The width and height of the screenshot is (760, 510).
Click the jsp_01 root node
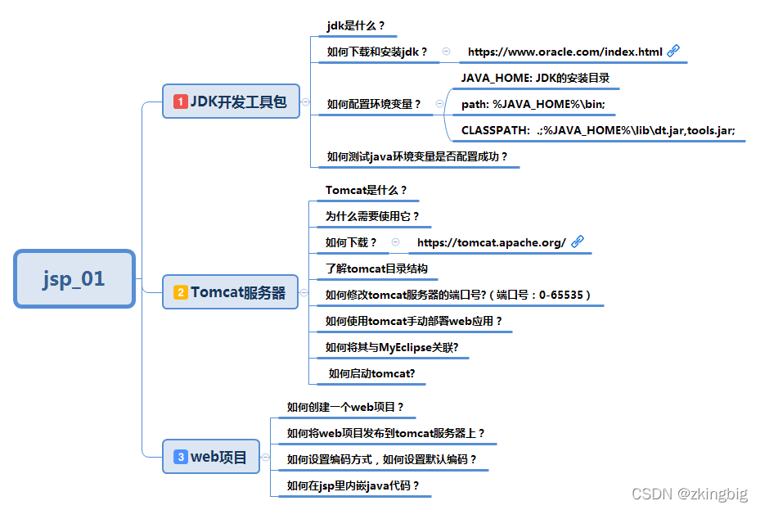point(74,278)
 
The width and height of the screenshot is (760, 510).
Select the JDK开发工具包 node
point(232,102)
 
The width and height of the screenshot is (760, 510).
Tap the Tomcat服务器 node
point(232,292)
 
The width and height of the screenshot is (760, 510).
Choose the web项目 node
point(212,457)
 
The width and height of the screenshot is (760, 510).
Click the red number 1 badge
point(180,102)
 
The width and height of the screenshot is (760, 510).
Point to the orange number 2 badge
point(180,292)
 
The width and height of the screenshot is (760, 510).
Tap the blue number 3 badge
point(180,457)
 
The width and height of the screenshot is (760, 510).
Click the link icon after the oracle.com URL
point(673,51)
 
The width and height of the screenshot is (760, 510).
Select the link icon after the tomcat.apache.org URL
point(577,241)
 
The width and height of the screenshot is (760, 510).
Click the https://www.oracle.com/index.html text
point(564,52)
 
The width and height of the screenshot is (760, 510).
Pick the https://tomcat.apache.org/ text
point(491,242)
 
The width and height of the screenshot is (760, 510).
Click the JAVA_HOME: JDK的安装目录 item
point(535,79)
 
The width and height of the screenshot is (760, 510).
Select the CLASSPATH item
point(598,130)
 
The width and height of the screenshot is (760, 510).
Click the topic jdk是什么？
point(356,25)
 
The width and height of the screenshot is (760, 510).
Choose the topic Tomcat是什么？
point(366,190)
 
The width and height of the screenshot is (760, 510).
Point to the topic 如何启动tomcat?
point(371,373)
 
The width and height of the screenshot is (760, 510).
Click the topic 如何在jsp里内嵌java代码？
point(353,485)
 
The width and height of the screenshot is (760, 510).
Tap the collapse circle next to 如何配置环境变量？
point(439,104)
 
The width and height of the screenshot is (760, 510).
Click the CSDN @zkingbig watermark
point(690,494)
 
